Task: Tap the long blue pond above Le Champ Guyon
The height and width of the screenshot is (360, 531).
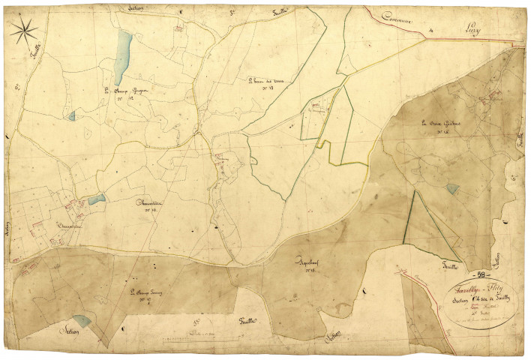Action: tap(124, 49)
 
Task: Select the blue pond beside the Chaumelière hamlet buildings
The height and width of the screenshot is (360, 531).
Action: tap(97, 199)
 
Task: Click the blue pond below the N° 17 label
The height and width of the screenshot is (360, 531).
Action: tap(82, 321)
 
